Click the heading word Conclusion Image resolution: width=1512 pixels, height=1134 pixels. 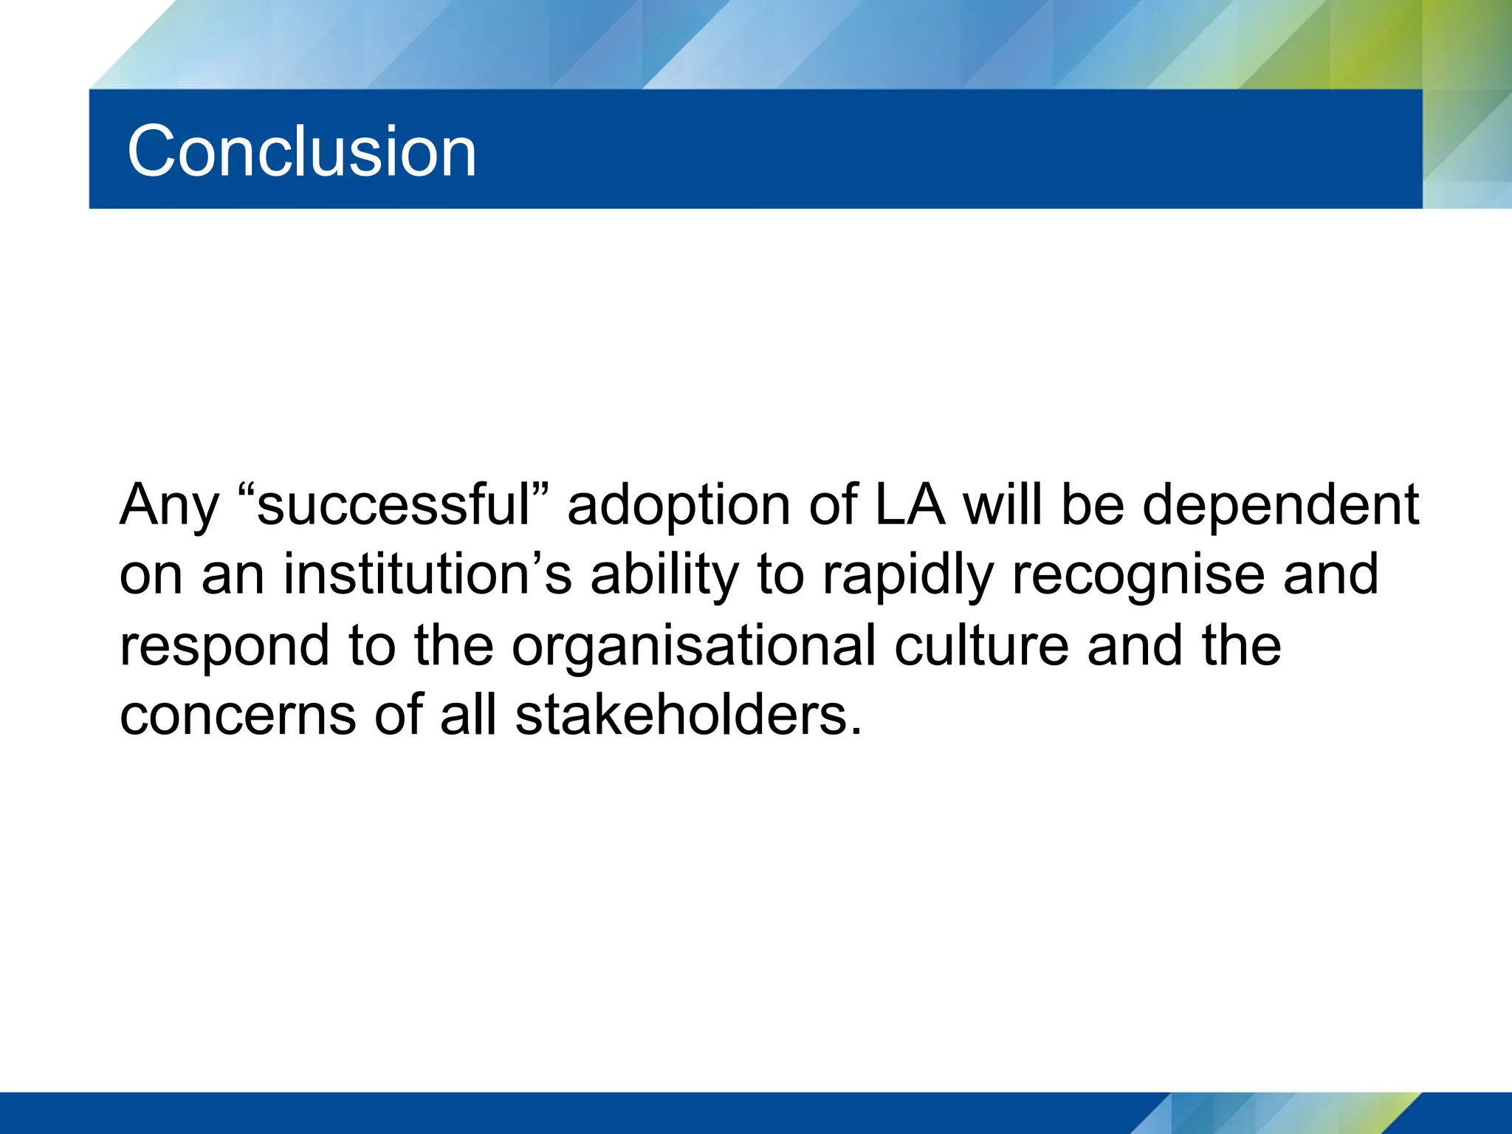point(301,151)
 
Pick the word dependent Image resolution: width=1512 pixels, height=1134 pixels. point(1280,505)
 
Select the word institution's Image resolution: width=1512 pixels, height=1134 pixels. point(427,575)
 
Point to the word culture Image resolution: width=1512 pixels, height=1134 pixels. point(981,645)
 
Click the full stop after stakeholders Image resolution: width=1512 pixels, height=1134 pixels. point(856,731)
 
